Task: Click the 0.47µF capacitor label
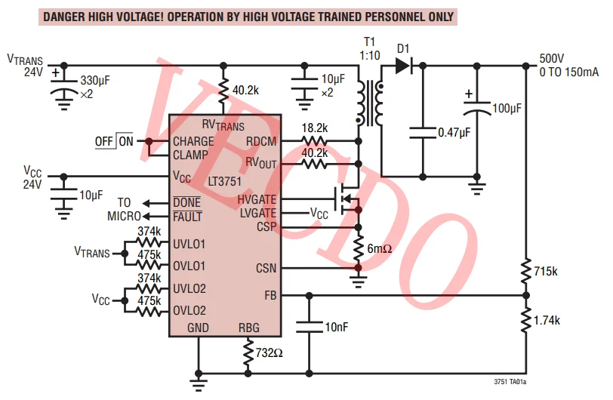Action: click(x=454, y=132)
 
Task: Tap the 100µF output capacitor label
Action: click(x=507, y=109)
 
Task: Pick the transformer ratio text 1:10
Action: click(x=369, y=55)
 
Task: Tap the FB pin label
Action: click(x=270, y=295)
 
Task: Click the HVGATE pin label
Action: click(x=257, y=200)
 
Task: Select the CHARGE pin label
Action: click(x=193, y=141)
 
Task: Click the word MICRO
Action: click(x=124, y=217)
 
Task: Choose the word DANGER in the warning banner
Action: click(x=67, y=17)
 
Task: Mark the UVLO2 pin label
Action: click(x=189, y=288)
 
